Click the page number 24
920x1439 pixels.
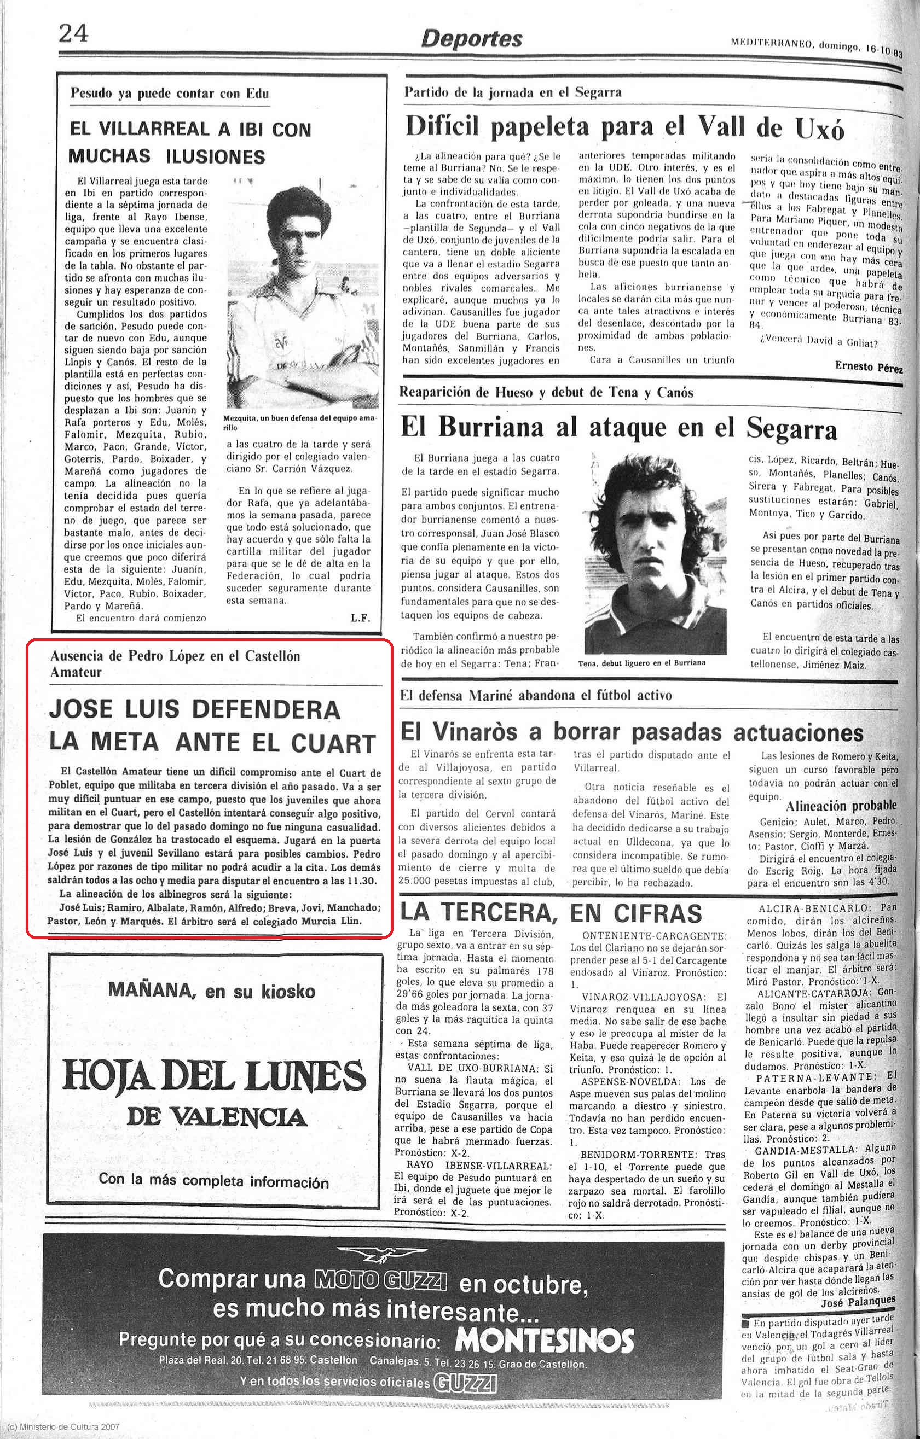pos(73,34)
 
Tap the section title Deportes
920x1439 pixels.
pos(472,39)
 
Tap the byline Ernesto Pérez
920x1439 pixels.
pos(868,367)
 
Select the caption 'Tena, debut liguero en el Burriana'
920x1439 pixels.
pos(641,663)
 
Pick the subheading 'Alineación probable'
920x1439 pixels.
pos(841,806)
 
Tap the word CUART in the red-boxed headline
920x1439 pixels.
pos(333,743)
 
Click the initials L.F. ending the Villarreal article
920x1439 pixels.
pos(361,619)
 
